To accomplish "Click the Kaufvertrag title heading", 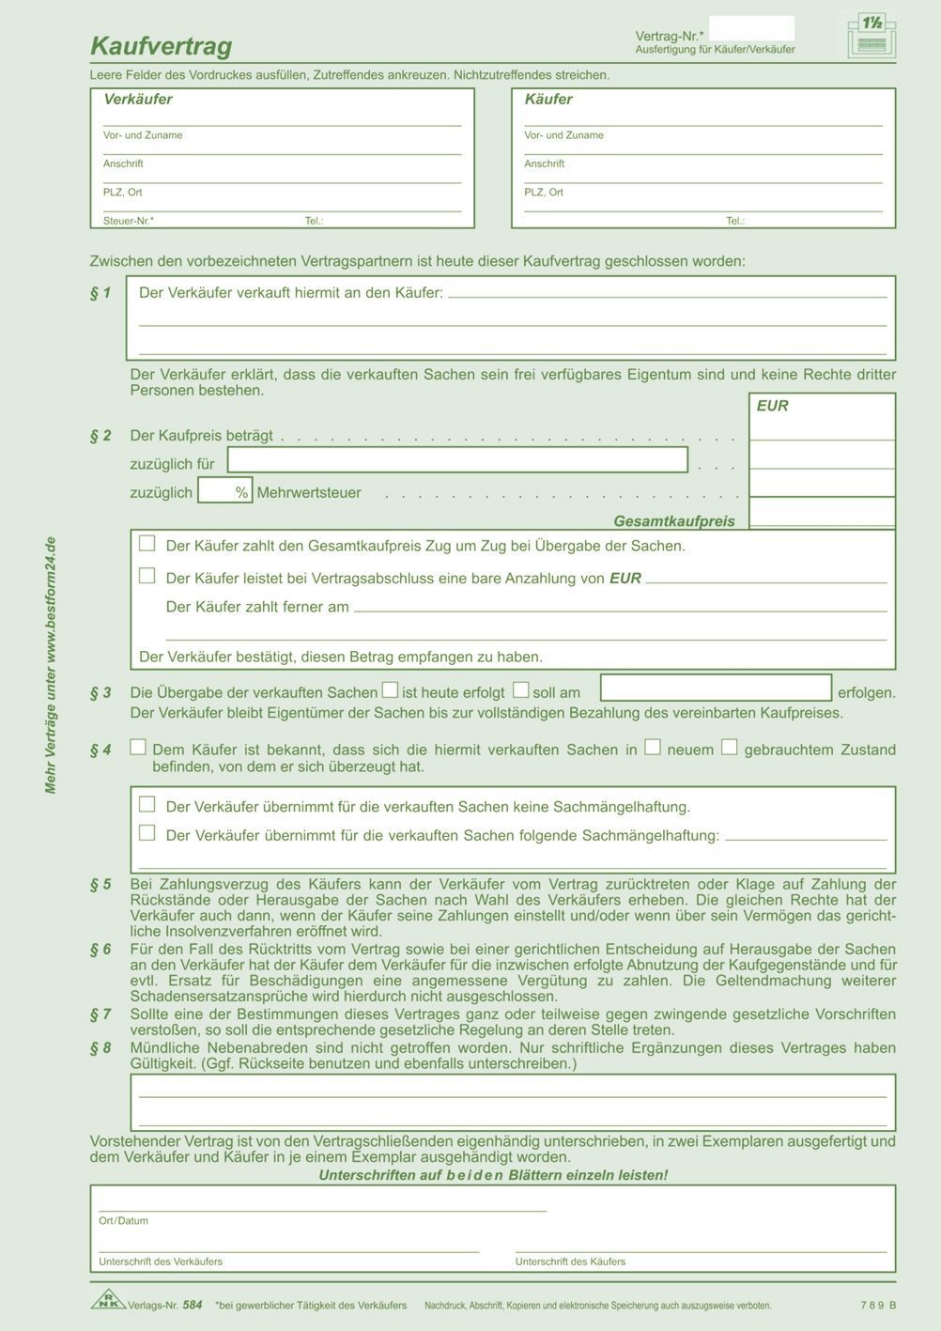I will (161, 46).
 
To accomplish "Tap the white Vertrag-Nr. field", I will (751, 28).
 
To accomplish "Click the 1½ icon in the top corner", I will (871, 36).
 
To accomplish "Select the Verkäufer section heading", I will (138, 100).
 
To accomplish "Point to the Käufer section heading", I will (548, 100).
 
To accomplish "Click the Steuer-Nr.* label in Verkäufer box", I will (129, 222).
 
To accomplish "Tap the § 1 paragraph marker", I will (100, 293).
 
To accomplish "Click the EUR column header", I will (772, 406).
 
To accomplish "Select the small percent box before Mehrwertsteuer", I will (224, 491).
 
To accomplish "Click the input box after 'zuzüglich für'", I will (457, 460).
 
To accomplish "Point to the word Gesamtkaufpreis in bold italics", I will (674, 520).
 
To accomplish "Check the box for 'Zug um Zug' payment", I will (147, 543).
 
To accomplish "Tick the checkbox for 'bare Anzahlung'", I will (147, 575).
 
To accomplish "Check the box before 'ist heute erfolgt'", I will (390, 690).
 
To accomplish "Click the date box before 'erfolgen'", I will (716, 689).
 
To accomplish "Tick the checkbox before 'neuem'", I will (653, 748).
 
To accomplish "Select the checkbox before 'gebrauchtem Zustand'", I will (730, 748).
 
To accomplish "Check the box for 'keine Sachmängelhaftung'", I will (147, 804).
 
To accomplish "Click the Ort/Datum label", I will (123, 1221).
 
